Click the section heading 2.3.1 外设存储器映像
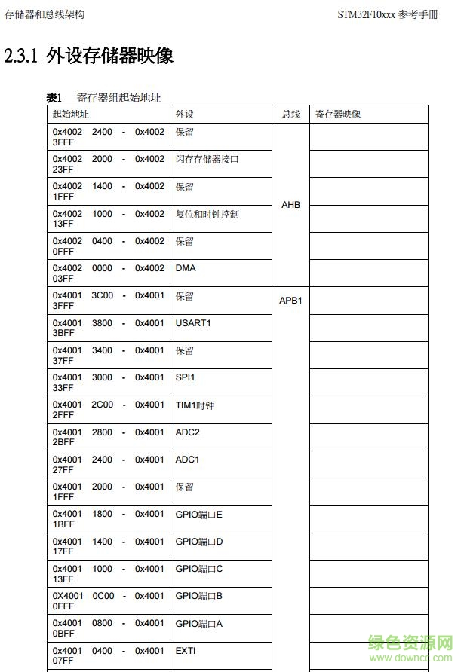pyautogui.click(x=89, y=57)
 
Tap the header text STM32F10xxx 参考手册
pyautogui.click(x=387, y=15)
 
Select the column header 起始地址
pyautogui.click(x=70, y=114)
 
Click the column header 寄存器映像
pyautogui.click(x=338, y=114)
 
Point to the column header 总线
pyautogui.click(x=291, y=114)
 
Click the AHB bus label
pyautogui.click(x=290, y=205)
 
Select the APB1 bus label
pyautogui.click(x=290, y=300)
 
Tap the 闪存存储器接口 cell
pyautogui.click(x=207, y=159)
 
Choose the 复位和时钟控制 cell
pyautogui.click(x=207, y=214)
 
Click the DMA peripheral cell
pyautogui.click(x=186, y=268)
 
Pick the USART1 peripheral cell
pyautogui.click(x=193, y=323)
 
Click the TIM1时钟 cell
pyautogui.click(x=195, y=405)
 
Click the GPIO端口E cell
pyautogui.click(x=199, y=514)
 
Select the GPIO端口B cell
pyautogui.click(x=199, y=596)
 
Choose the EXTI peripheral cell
pyautogui.click(x=186, y=651)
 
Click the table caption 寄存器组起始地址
pyautogui.click(x=118, y=98)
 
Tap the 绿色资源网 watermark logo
pyautogui.click(x=410, y=646)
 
